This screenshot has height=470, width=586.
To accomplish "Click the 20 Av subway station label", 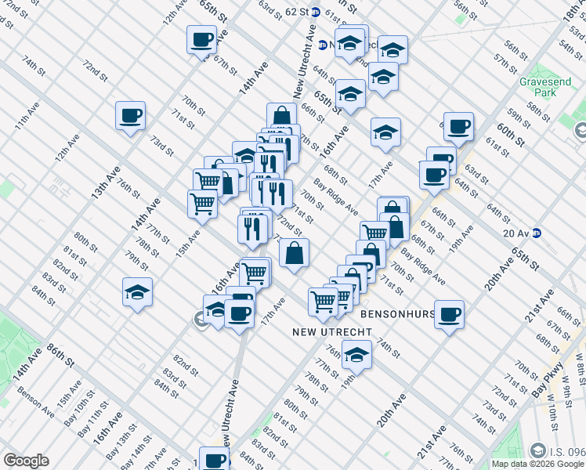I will coord(516,232).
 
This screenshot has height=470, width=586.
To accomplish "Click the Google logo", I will coord(26,461).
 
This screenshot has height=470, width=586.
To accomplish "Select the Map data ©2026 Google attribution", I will coord(537,464).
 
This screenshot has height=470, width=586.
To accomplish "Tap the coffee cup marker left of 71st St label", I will coord(130,117).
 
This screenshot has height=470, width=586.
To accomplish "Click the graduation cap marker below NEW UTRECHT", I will coord(357,354).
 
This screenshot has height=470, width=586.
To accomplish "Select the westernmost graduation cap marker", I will coord(138,293).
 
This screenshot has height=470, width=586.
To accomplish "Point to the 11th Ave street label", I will coord(26,125).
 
